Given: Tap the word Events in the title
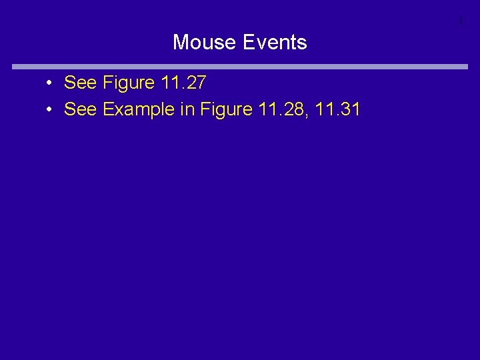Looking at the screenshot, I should [275, 43].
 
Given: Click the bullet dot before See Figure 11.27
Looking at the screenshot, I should [50, 84].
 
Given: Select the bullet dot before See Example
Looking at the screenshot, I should [50, 110].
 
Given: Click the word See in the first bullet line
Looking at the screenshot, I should [81, 83].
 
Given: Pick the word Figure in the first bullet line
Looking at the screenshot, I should [129, 84].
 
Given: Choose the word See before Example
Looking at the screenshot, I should [81, 109].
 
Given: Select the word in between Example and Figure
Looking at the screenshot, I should [187, 109].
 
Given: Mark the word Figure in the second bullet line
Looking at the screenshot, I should [225, 110].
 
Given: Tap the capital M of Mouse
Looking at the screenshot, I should [180, 43].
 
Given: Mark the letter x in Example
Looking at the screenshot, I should [119, 111].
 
